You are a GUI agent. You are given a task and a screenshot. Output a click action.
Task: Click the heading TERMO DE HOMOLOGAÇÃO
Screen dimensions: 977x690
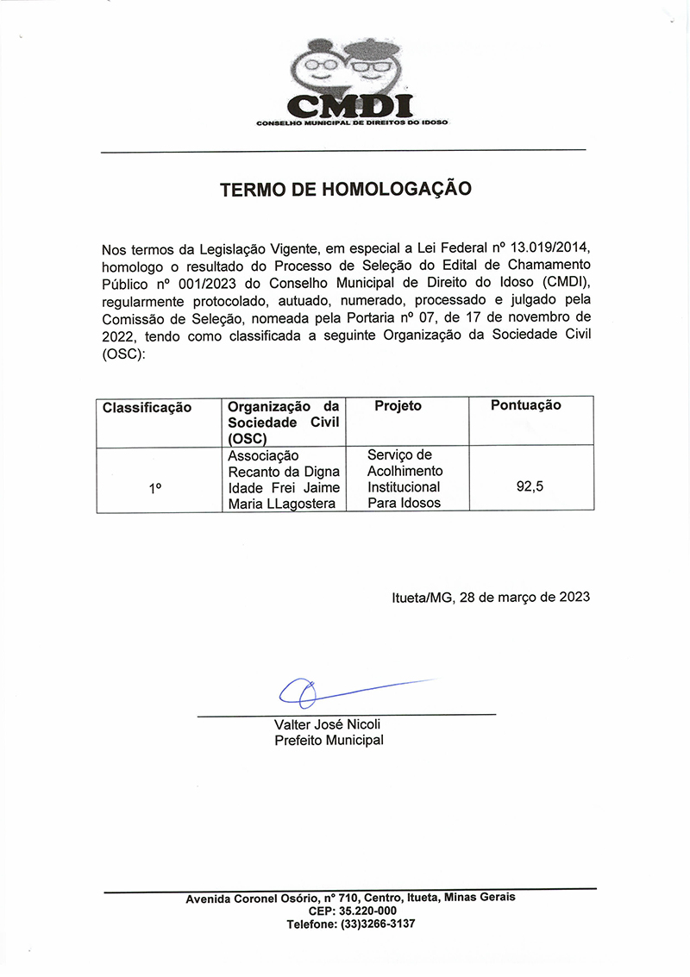pyautogui.click(x=345, y=189)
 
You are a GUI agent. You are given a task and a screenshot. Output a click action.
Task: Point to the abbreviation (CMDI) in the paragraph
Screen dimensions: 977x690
pyautogui.click(x=566, y=284)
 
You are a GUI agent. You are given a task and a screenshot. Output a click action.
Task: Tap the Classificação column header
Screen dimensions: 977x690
pyautogui.click(x=147, y=407)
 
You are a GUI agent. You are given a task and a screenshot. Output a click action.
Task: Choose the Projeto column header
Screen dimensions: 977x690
pyautogui.click(x=398, y=406)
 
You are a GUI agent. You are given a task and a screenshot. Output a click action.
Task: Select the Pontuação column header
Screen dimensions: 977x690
pyautogui.click(x=525, y=405)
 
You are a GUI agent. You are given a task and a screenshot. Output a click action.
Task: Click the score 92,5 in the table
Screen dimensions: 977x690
pyautogui.click(x=530, y=487)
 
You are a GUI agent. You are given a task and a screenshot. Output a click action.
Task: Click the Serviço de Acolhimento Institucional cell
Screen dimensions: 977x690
pyautogui.click(x=405, y=479)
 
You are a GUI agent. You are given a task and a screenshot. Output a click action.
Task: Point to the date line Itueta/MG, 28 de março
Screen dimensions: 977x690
pyautogui.click(x=491, y=597)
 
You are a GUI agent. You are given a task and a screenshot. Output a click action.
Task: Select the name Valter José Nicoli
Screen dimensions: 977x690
pyautogui.click(x=327, y=724)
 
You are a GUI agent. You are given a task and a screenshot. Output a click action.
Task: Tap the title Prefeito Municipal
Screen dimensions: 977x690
pyautogui.click(x=329, y=740)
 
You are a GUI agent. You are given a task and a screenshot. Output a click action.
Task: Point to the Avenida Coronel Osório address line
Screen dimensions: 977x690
pyautogui.click(x=350, y=898)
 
